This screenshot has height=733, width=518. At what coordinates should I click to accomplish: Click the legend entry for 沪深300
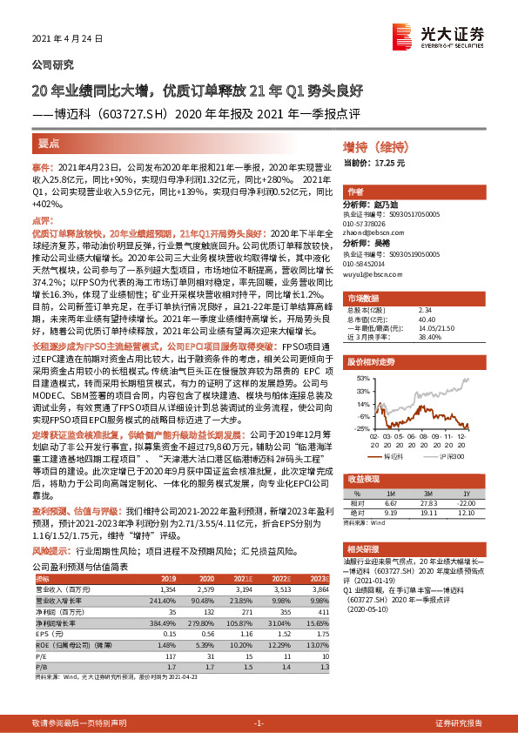450,455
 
